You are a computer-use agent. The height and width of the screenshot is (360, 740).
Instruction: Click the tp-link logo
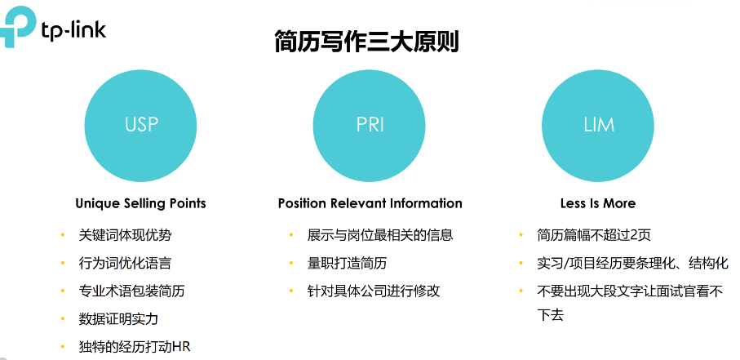coord(54,27)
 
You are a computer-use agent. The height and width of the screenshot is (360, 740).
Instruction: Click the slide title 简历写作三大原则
coord(366,42)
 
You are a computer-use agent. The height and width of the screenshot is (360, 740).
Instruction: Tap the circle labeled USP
coord(141,125)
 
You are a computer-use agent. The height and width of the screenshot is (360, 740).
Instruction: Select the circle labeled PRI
coord(370,125)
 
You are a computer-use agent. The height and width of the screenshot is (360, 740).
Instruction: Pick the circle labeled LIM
coord(598,125)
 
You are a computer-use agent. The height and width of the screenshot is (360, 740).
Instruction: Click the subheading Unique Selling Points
coord(140,203)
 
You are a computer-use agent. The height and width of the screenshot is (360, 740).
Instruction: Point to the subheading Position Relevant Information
coord(370,203)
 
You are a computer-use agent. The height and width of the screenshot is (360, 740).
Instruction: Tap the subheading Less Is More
coord(597,203)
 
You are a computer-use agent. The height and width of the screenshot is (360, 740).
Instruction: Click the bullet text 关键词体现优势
coord(125,235)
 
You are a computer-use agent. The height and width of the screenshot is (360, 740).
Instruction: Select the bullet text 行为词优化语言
coord(125,263)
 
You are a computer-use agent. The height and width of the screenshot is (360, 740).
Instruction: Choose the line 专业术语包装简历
coord(131,291)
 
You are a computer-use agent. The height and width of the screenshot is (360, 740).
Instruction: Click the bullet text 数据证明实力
coord(118,318)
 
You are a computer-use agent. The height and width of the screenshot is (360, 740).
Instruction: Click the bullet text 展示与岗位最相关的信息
coord(379,235)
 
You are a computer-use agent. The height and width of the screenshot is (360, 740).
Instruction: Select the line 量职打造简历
coord(347,263)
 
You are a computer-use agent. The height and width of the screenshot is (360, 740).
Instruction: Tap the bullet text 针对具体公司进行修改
coord(374,291)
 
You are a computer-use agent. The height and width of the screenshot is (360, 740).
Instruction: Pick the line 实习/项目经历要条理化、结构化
coord(632,263)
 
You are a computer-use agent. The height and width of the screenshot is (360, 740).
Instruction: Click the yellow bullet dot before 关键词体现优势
coord(62,235)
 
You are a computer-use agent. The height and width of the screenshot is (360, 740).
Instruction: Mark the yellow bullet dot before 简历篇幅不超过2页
coord(521,235)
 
